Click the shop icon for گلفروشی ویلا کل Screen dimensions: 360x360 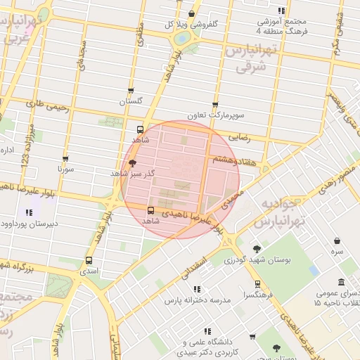[x=192, y=13]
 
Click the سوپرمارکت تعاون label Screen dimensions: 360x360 [x=215, y=115]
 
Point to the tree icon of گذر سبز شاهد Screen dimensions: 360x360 [x=133, y=162]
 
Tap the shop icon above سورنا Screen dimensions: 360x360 [x=65, y=159]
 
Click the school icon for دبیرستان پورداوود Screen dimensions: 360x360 [x=29, y=212]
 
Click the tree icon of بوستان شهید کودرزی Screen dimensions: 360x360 [x=257, y=249]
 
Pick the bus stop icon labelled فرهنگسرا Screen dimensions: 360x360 [x=257, y=285]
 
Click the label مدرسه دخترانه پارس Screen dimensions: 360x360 [x=198, y=300]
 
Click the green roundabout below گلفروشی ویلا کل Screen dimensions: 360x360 [x=183, y=38]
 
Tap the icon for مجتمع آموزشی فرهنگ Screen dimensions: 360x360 [x=282, y=11]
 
